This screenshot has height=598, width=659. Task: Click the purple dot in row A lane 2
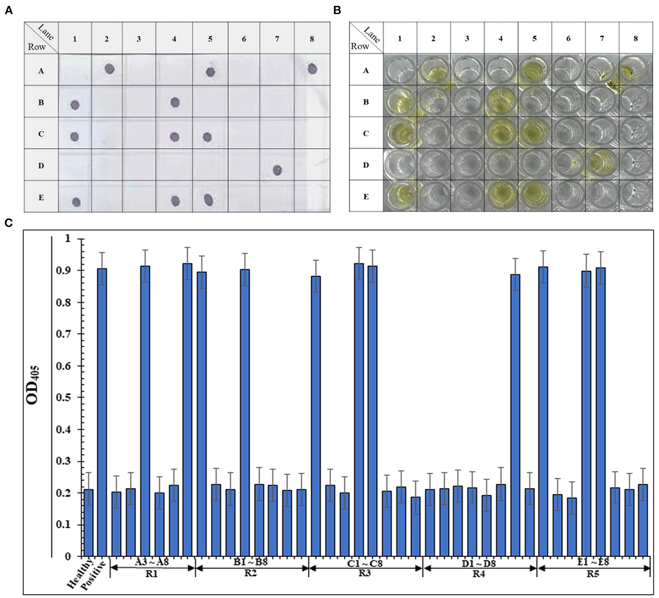coord(109,69)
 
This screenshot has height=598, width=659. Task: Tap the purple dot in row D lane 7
coord(277,170)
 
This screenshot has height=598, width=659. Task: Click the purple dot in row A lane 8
coord(312,68)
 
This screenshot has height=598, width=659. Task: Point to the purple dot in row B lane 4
coord(175,102)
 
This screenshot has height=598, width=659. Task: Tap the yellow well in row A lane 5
coord(534,70)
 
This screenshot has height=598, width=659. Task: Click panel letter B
coord(337,11)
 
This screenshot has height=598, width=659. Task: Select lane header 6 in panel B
coord(568,38)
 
